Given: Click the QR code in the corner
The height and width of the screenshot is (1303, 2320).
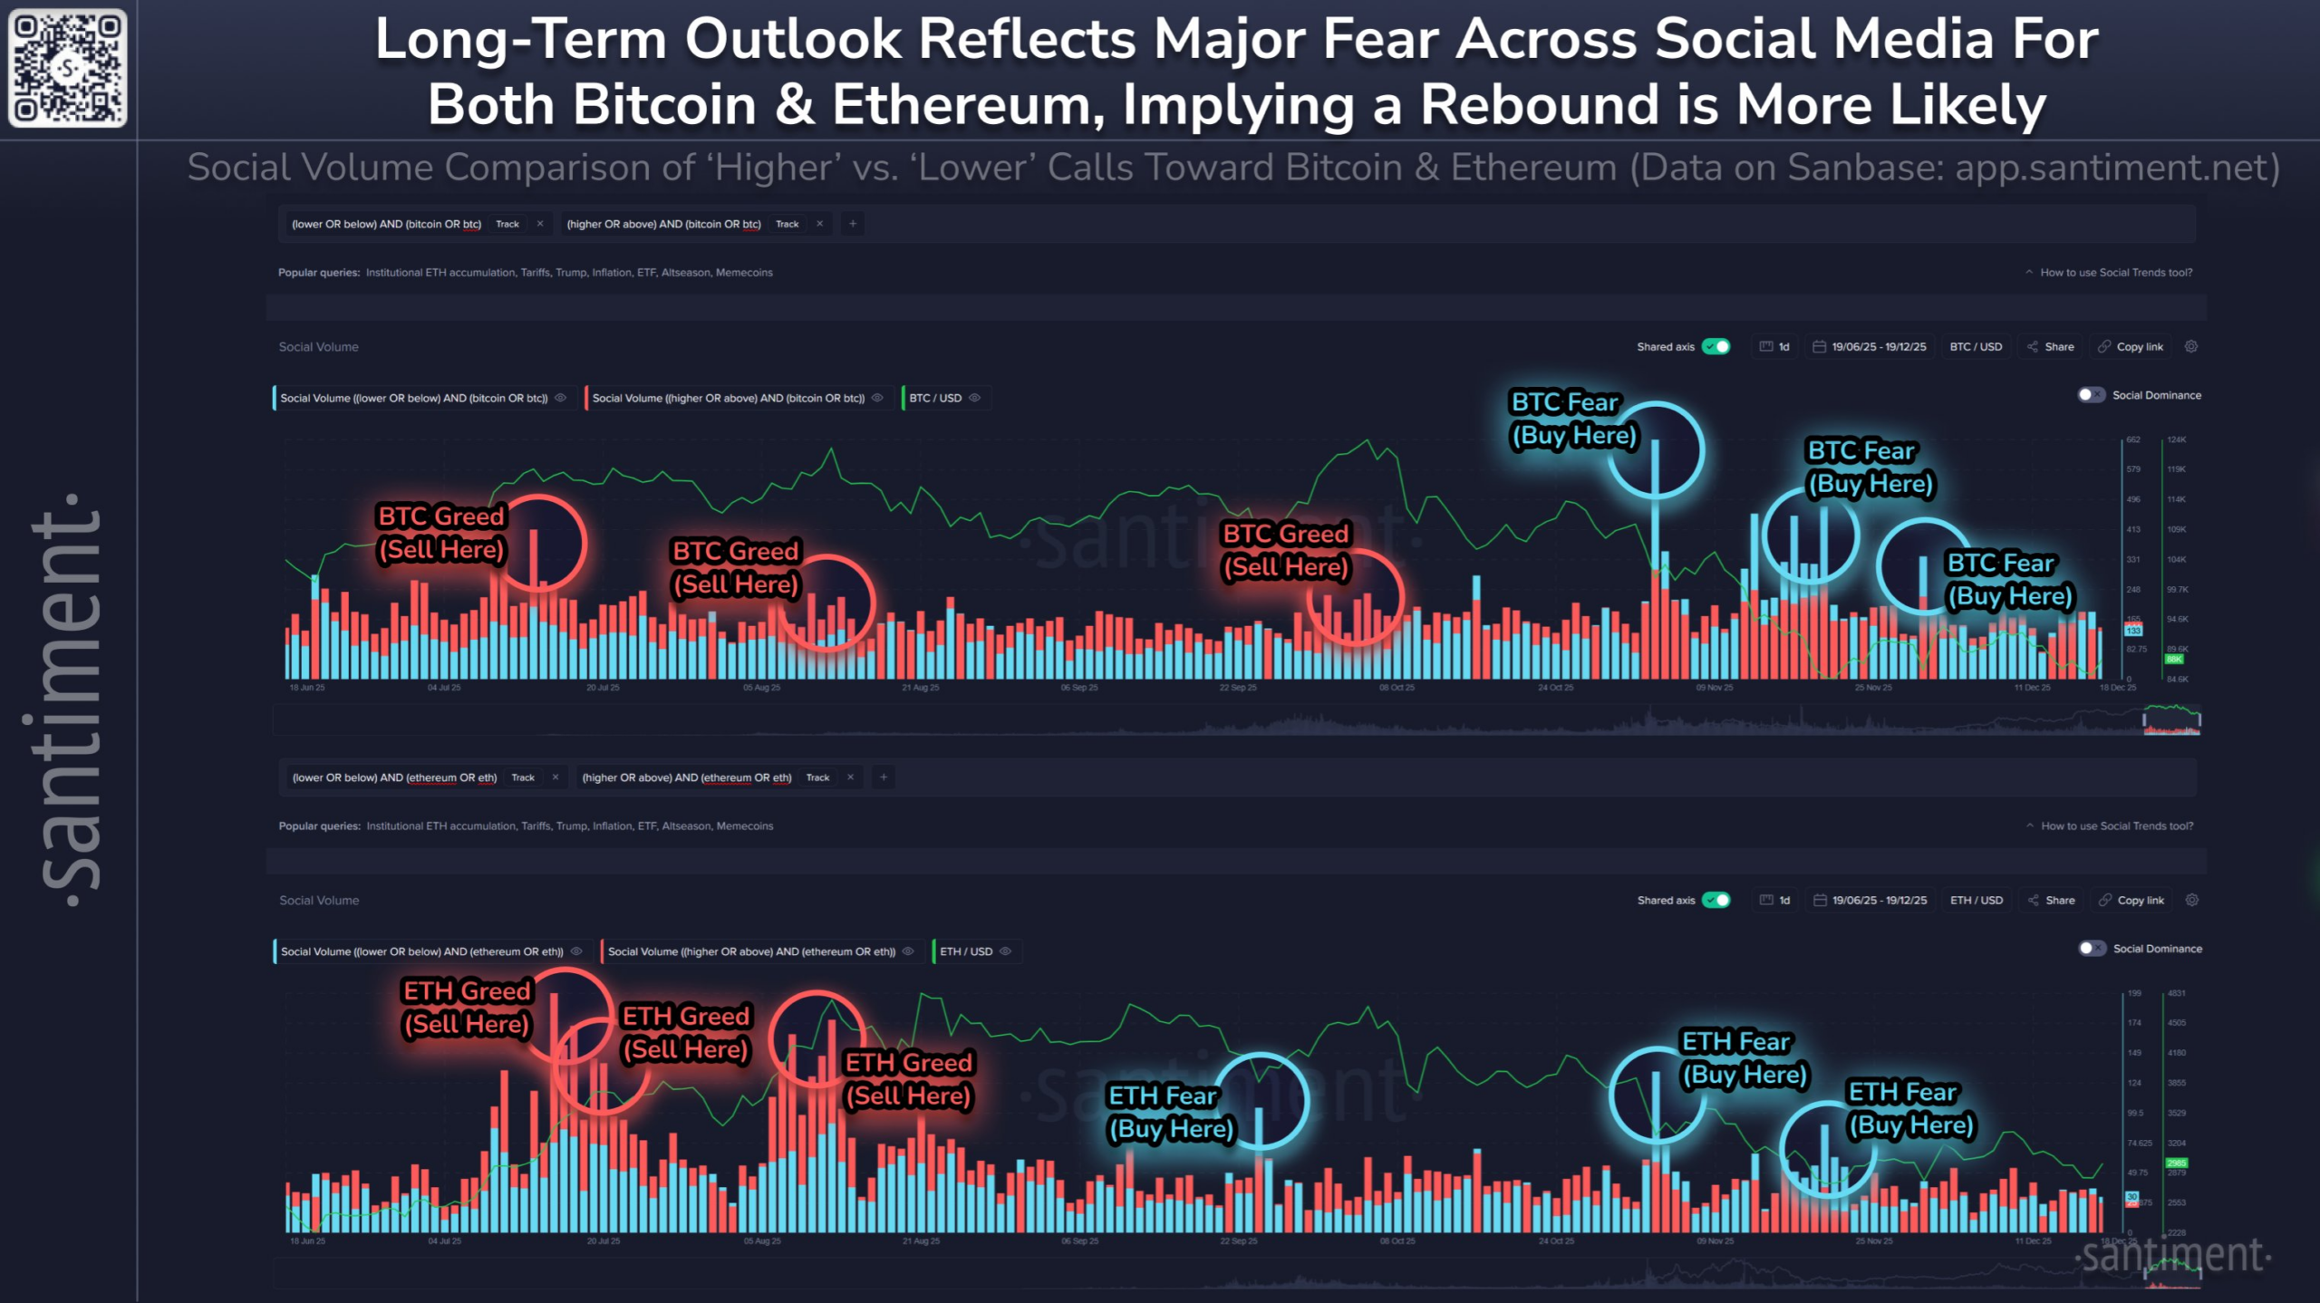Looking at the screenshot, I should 68,68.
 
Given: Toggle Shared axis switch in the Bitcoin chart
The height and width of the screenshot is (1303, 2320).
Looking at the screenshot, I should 1716,347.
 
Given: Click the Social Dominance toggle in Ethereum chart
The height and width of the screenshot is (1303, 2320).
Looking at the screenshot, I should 2092,949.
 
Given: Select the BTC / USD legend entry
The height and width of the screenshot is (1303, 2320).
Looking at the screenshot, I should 935,398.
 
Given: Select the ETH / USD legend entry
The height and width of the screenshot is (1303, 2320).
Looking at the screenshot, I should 966,951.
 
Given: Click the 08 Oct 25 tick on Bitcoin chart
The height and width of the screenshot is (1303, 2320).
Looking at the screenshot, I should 1397,688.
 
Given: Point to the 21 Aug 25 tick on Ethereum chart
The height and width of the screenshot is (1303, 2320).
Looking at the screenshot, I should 921,1241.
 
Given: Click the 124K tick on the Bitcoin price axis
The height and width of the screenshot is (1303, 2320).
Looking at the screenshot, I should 2176,440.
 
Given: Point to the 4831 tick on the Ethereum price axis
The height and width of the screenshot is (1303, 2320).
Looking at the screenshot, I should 2176,993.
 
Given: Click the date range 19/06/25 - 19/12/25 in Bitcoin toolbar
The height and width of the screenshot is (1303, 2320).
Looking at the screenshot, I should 1879,347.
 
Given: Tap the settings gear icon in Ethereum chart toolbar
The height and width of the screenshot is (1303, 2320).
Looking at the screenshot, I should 2192,901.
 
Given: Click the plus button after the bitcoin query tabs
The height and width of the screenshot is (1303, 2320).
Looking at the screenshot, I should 853,224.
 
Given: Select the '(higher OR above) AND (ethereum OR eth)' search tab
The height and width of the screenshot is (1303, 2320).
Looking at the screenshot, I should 686,777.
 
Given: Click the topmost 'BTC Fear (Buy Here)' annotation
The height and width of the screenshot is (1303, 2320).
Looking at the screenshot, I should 1573,420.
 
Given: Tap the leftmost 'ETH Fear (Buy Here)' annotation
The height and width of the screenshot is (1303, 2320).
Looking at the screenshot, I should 1171,1113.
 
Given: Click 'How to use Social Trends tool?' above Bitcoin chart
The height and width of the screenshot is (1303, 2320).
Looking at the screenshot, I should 2115,273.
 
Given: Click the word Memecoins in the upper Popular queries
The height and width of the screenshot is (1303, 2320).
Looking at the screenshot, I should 744,273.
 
